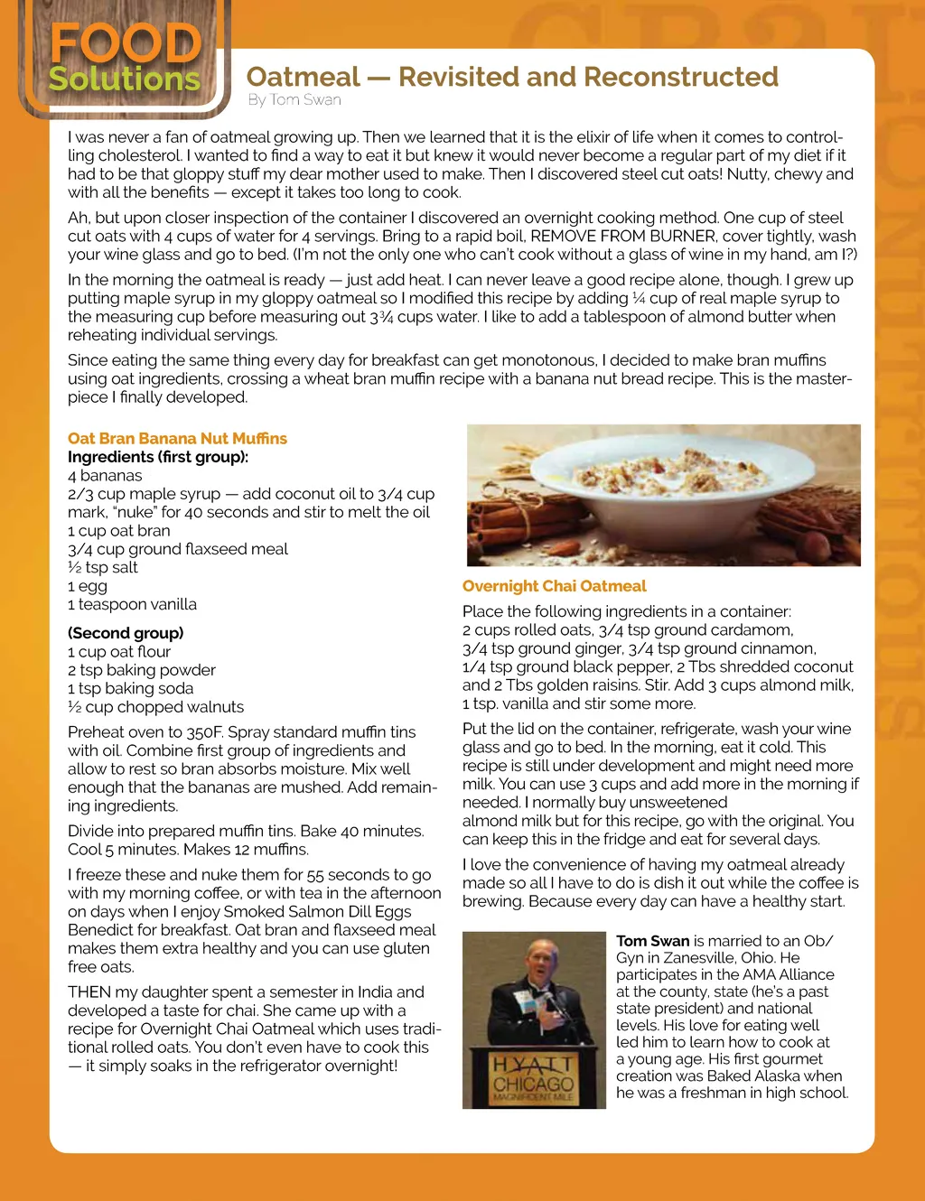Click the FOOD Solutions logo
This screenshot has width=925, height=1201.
coord(125,59)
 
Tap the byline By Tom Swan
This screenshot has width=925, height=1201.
coord(294,99)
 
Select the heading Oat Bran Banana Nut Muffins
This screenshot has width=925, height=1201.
coord(177,438)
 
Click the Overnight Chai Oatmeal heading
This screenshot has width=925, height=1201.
coord(554,586)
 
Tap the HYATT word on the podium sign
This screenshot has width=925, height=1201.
coord(533,1065)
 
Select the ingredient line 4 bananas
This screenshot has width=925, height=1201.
coord(105,475)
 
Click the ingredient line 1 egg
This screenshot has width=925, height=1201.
coord(88,586)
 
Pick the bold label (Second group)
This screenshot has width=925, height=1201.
coord(126,633)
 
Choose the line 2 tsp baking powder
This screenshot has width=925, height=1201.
coord(142,670)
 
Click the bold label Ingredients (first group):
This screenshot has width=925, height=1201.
coord(158,457)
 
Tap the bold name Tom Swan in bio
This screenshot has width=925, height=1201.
coord(652,941)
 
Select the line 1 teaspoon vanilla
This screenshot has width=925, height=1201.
coord(132,604)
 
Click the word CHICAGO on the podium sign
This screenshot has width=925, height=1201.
coord(533,1084)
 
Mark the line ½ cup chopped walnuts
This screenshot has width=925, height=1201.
coord(155,707)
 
